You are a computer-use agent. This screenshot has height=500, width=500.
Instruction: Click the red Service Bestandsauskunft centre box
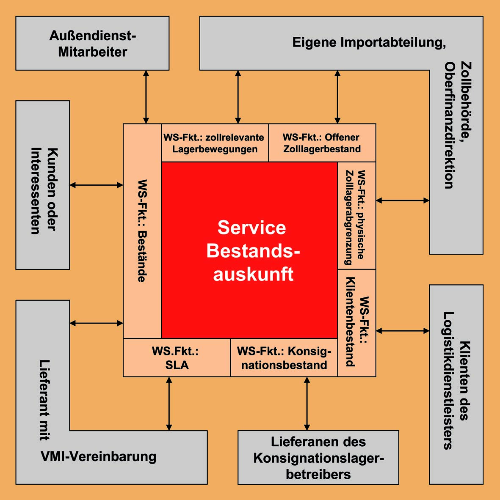click(x=249, y=250)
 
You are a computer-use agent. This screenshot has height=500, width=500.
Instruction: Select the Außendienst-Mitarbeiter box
click(x=92, y=43)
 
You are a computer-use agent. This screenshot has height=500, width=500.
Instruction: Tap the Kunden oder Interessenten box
click(x=43, y=185)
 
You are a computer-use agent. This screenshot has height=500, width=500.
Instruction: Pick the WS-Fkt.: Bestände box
click(x=142, y=231)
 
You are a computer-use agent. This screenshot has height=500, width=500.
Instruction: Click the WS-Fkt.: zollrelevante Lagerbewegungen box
click(x=215, y=143)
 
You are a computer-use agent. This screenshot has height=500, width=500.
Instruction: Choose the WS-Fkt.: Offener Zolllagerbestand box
click(x=322, y=143)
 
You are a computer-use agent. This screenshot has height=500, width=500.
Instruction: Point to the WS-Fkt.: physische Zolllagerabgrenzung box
click(x=356, y=216)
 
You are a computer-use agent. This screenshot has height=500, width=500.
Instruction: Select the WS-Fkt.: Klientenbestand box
click(x=356, y=323)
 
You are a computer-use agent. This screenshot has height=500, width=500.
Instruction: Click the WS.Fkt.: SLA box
click(x=177, y=358)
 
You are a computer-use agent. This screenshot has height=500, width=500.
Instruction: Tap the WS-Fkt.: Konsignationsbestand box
click(x=284, y=358)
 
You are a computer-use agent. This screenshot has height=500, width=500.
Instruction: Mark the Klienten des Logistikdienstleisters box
click(x=456, y=384)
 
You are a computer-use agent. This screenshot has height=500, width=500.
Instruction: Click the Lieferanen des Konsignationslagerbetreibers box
click(x=318, y=457)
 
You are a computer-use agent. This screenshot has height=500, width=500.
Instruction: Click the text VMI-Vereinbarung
click(x=99, y=457)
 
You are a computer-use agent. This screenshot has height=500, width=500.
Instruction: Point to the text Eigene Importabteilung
click(x=369, y=42)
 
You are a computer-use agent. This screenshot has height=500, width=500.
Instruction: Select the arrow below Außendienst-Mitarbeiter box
click(x=146, y=97)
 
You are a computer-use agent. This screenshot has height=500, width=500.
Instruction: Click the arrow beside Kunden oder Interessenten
click(x=96, y=185)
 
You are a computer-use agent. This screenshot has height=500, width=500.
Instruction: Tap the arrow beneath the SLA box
click(x=169, y=404)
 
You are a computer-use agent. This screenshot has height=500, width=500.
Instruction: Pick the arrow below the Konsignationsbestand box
click(x=307, y=404)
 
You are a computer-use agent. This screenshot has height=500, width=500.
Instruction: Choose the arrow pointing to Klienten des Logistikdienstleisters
click(x=403, y=331)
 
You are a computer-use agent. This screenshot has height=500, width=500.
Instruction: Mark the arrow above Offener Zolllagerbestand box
click(x=337, y=97)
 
